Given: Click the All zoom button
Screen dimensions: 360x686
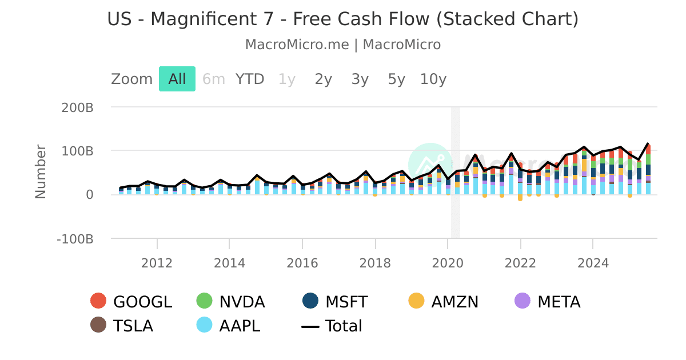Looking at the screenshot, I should pyautogui.click(x=177, y=79).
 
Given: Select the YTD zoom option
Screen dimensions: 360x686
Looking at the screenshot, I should pyautogui.click(x=250, y=79).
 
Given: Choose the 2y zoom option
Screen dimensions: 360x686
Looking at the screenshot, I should pyautogui.click(x=324, y=79).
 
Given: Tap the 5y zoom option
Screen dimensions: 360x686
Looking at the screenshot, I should pyautogui.click(x=397, y=79).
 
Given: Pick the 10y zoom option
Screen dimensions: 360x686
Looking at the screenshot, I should pyautogui.click(x=433, y=79).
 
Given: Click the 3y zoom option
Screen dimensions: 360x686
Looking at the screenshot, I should pyautogui.click(x=360, y=79).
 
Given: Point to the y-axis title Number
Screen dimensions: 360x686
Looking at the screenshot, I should pyautogui.click(x=41, y=171).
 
